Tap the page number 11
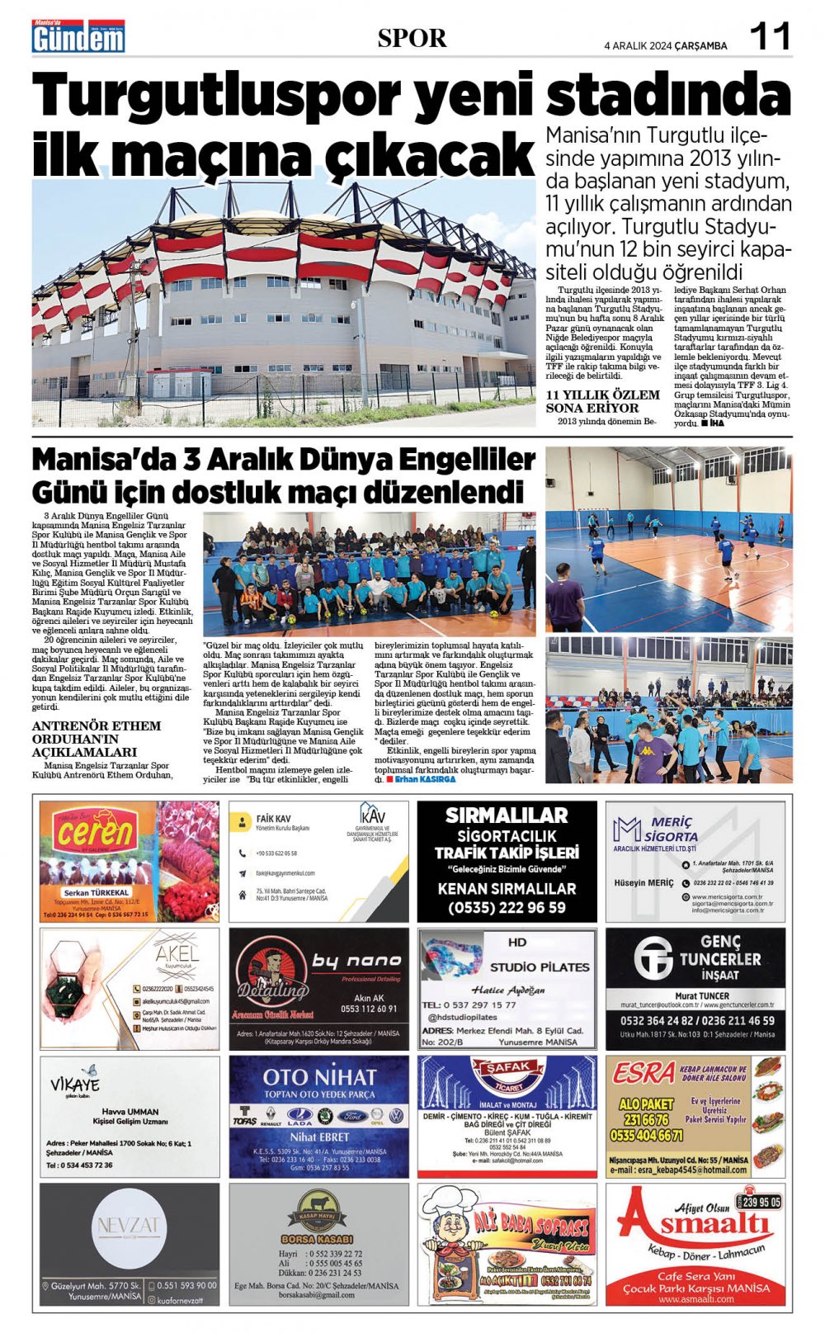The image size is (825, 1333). click(769, 36)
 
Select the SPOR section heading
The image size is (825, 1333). click(412, 38)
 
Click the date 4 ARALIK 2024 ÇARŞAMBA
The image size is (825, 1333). click(666, 45)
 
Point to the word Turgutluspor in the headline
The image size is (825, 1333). click(218, 96)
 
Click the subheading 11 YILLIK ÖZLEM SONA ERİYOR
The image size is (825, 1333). click(603, 401)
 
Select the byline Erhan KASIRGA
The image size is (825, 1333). click(424, 779)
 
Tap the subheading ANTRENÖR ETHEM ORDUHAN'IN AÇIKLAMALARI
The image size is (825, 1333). click(96, 739)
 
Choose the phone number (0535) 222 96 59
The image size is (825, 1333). click(507, 907)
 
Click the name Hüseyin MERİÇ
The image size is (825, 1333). click(643, 882)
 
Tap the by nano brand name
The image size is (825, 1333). click(356, 961)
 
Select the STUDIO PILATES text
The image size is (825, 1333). click(540, 967)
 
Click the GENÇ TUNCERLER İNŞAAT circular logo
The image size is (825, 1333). click(653, 958)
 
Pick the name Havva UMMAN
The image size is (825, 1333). click(130, 1111)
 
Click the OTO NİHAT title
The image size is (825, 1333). click(319, 1076)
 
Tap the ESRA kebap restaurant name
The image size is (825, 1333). click(643, 1073)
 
